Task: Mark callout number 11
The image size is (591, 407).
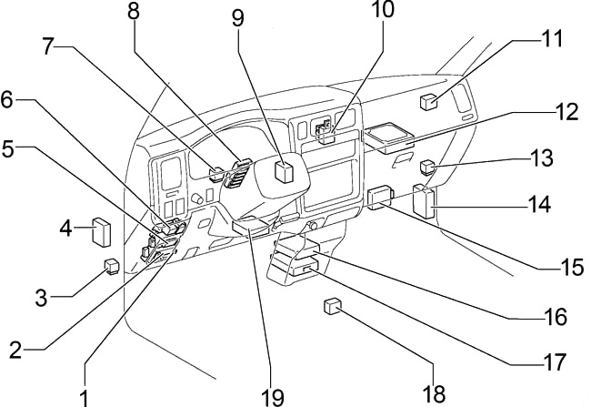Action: (x=553, y=40)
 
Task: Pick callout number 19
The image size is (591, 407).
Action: (x=272, y=397)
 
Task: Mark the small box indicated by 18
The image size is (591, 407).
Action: (x=332, y=307)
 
